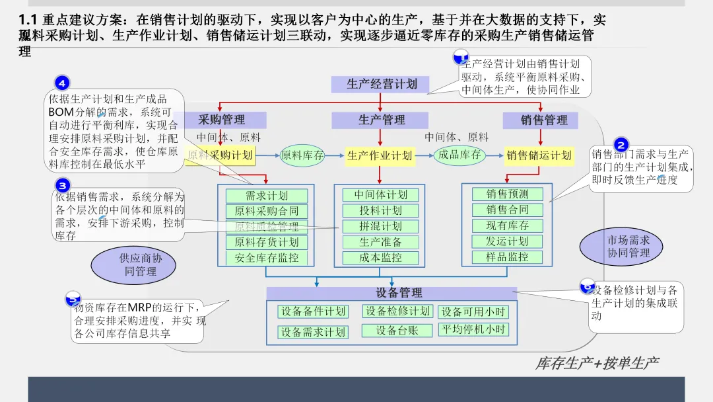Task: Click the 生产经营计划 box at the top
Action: coord(382,84)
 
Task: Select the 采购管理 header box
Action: coord(222,120)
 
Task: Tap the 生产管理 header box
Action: coord(382,120)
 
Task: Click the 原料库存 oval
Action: coord(302,155)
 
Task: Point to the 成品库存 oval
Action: coord(459,155)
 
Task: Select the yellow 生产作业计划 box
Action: coord(380,155)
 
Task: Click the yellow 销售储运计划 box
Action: coord(539,155)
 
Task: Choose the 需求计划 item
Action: coord(267,196)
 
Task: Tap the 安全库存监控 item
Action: coord(267,258)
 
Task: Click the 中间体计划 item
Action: coord(381,195)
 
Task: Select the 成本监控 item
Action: coord(381,258)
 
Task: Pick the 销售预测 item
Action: coord(508,194)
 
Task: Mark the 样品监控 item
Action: coord(508,257)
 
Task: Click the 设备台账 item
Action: coord(397,330)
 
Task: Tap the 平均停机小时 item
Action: coord(473,329)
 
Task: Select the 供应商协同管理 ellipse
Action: coord(134,264)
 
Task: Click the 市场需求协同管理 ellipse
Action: coord(620,247)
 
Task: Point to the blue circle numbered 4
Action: coord(62,83)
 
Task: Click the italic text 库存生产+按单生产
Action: coord(597,363)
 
